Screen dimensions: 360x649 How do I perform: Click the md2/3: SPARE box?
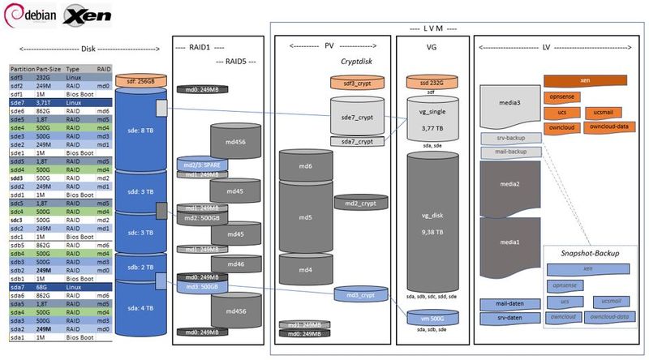tap(197, 165)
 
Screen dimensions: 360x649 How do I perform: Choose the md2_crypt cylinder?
tap(356, 202)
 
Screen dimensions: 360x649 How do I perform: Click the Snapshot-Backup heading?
tap(590, 253)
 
